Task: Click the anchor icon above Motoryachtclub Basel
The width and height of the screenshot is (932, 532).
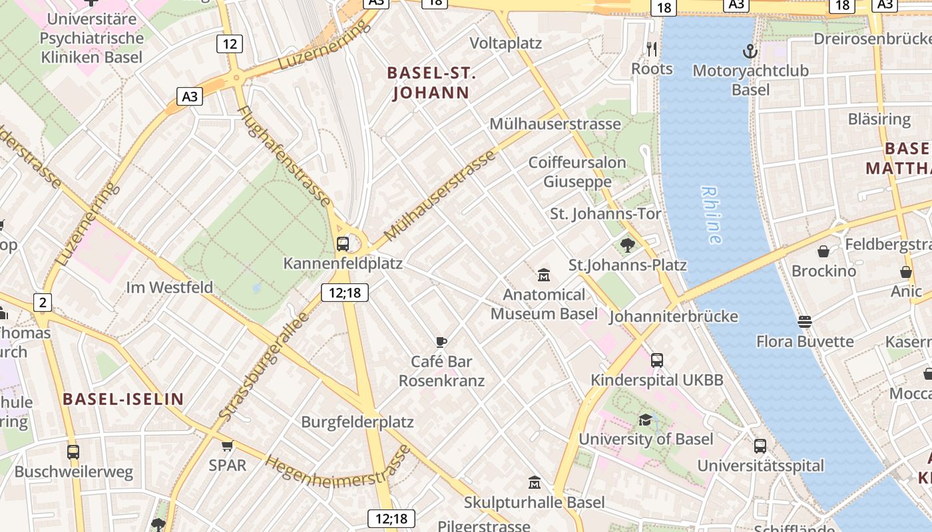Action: pyautogui.click(x=750, y=51)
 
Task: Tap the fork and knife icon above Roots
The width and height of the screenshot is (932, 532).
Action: pyautogui.click(x=652, y=49)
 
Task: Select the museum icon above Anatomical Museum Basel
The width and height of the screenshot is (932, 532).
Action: pyautogui.click(x=544, y=275)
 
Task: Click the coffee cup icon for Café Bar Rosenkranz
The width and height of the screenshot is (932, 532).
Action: pyautogui.click(x=441, y=342)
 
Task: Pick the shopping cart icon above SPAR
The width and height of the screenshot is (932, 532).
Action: pyautogui.click(x=228, y=445)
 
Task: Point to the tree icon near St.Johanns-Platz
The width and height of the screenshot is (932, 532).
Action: pyautogui.click(x=627, y=245)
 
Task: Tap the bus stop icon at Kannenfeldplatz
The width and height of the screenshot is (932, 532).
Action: pyautogui.click(x=343, y=243)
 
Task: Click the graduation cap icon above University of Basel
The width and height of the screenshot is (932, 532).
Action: pyautogui.click(x=645, y=420)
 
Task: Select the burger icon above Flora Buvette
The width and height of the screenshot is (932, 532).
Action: pyautogui.click(x=805, y=322)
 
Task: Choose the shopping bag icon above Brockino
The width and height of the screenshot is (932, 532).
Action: pyautogui.click(x=823, y=251)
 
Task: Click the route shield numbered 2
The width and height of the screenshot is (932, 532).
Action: pyautogui.click(x=43, y=303)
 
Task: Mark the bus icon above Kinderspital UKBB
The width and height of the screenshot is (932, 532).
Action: pyautogui.click(x=657, y=360)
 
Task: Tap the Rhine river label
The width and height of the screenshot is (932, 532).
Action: pyautogui.click(x=711, y=214)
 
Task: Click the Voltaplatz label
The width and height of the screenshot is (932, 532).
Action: pyautogui.click(x=506, y=43)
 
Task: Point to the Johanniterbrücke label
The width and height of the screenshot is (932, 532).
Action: pyautogui.click(x=673, y=316)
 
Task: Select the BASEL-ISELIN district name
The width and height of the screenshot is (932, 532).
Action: pyautogui.click(x=123, y=399)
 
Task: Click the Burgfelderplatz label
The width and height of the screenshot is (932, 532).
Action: pyautogui.click(x=357, y=422)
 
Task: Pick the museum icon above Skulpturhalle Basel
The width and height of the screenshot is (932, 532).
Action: pyautogui.click(x=534, y=482)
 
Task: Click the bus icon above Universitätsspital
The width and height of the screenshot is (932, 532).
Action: pyautogui.click(x=760, y=446)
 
